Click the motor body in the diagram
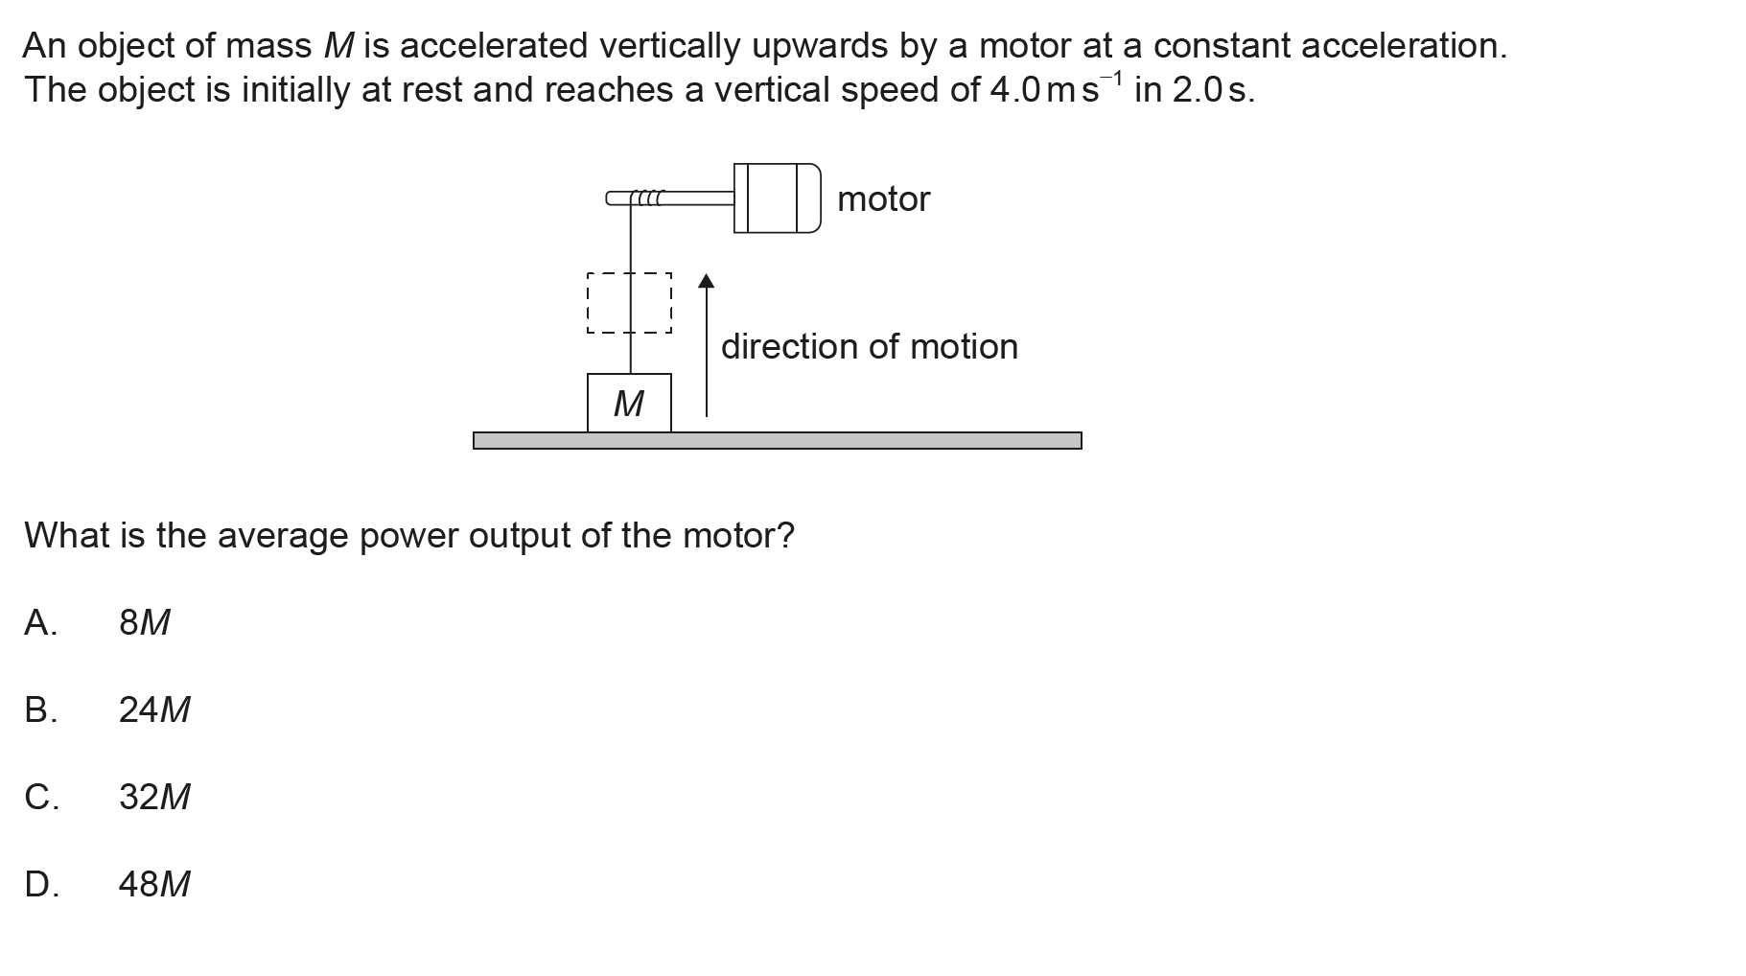point(777,198)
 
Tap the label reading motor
point(883,199)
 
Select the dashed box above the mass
point(629,303)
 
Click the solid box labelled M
point(629,404)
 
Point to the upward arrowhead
point(707,281)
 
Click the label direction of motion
point(869,347)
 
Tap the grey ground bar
point(777,440)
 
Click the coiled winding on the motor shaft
point(648,198)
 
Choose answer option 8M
point(144,623)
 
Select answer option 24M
point(154,710)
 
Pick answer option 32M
point(154,797)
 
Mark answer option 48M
point(154,884)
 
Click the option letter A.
point(40,623)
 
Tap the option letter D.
point(41,884)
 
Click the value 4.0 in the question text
point(1014,90)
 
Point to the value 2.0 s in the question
point(1212,90)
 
